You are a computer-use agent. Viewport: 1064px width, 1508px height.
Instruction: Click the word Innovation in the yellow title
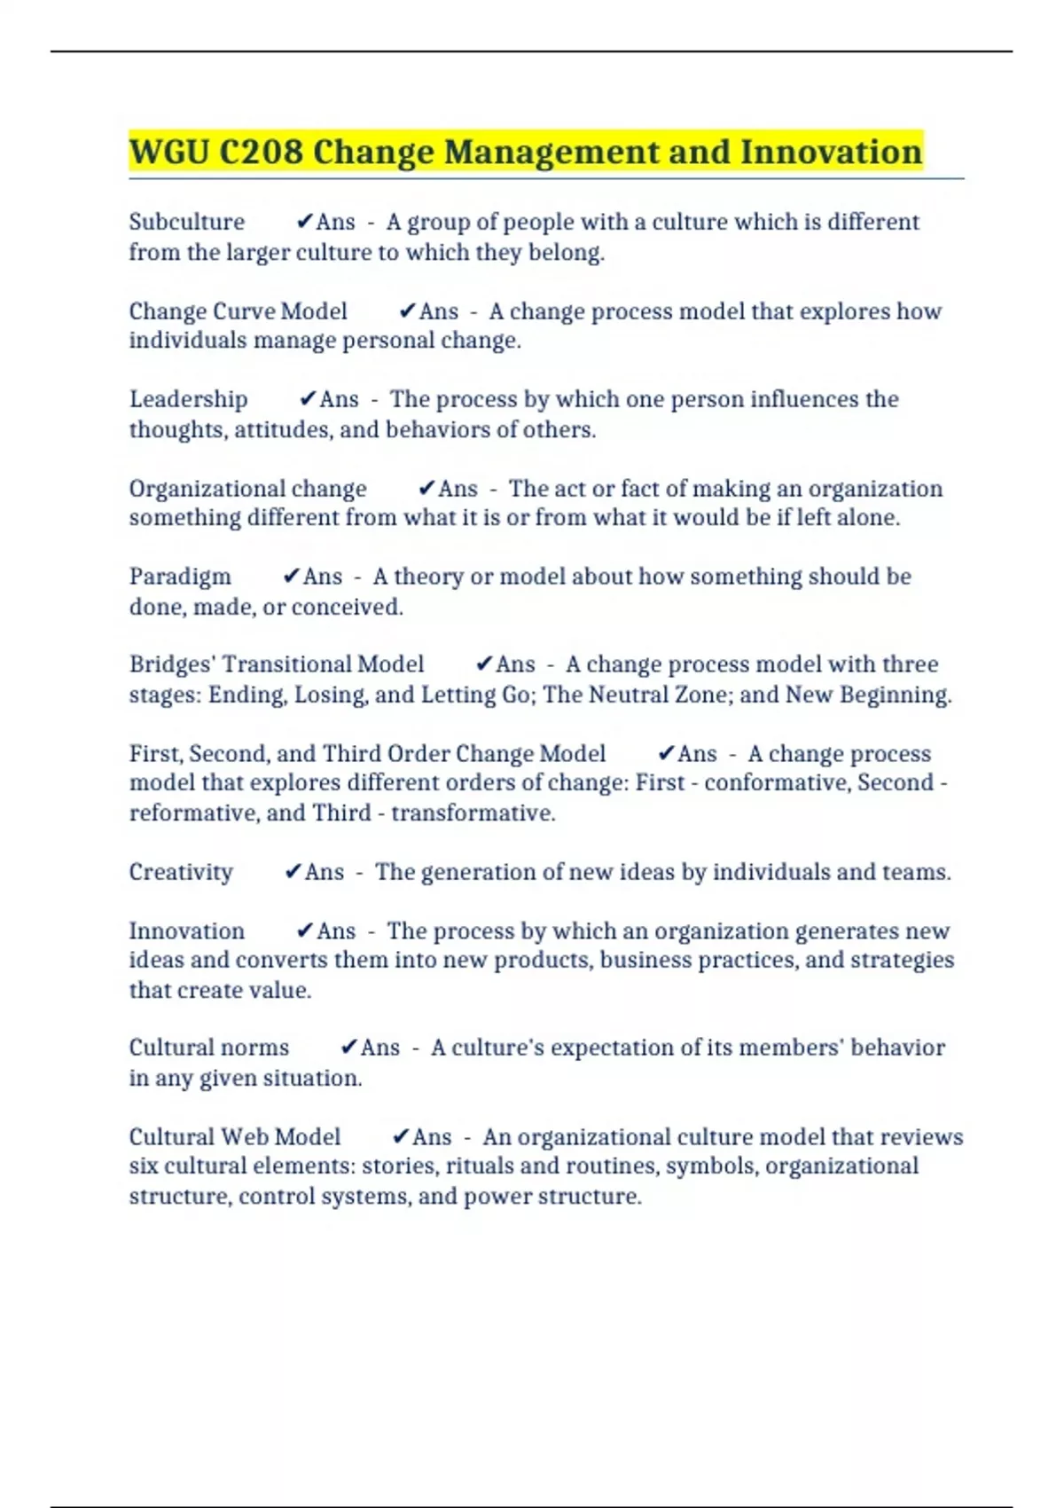[831, 153]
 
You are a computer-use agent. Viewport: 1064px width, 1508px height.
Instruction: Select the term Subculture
[186, 222]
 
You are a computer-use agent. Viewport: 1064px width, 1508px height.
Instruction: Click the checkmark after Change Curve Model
[407, 310]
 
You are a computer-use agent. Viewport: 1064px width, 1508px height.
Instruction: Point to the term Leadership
[188, 399]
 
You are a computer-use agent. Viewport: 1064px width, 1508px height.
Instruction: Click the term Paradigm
[180, 577]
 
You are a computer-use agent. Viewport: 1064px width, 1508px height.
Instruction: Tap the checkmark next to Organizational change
[426, 488]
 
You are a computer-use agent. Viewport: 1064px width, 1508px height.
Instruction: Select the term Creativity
[181, 872]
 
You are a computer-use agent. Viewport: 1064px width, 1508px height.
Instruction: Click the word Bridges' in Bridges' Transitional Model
[172, 664]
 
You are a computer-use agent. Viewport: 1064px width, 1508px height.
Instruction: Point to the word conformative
[770, 782]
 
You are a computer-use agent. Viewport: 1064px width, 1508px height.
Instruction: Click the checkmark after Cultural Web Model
[401, 1136]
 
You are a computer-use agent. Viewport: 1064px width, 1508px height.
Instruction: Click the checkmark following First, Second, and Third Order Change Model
[667, 753]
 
